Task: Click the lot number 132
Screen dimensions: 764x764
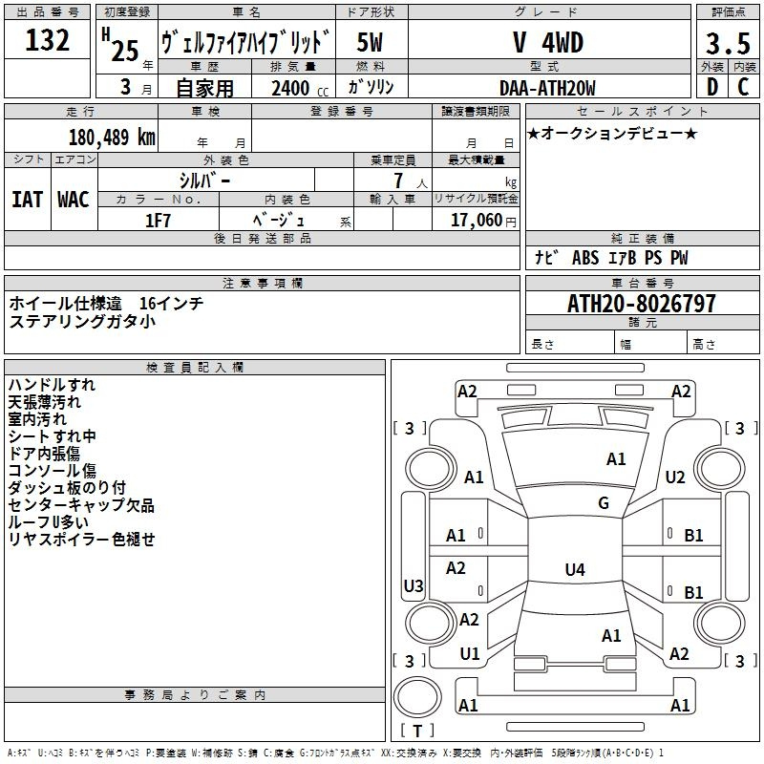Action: coord(48,40)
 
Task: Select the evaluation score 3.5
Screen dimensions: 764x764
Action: coord(727,43)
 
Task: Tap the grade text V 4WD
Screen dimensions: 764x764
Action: coord(548,43)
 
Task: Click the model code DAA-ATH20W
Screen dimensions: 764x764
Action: coord(547,88)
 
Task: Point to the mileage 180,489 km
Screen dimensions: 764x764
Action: coord(112,137)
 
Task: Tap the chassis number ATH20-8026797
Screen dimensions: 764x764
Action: coord(641,304)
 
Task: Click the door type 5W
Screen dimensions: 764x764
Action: coord(370,43)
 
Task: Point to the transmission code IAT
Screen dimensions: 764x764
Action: coord(28,199)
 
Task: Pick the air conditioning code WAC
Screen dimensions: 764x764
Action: coord(74,199)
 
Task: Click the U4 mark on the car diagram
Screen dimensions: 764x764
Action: coord(574,570)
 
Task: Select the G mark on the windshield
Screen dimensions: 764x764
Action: coord(604,503)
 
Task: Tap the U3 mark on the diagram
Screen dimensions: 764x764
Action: coord(414,585)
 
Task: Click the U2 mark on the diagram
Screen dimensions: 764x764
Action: coord(675,477)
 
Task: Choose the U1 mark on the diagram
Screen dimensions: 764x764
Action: coord(470,654)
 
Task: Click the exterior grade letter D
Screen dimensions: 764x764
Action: coord(711,89)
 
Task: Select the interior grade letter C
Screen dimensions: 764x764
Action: coord(743,89)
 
